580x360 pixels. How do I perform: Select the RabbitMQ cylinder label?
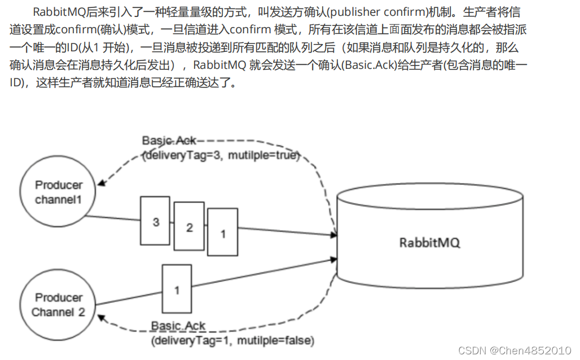point(430,243)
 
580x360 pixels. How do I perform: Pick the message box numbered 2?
point(190,227)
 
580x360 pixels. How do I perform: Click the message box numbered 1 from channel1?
point(222,232)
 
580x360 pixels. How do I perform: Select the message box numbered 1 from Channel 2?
point(177,289)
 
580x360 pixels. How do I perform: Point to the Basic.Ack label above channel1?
point(169,141)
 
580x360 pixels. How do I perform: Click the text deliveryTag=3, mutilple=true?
point(220,155)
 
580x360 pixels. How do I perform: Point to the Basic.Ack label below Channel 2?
point(178,327)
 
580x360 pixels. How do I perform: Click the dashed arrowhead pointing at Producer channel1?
point(102,182)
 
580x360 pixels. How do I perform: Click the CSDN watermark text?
point(472,350)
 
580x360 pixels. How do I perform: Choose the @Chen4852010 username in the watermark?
point(531,350)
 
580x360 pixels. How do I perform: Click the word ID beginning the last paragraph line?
point(16,82)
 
